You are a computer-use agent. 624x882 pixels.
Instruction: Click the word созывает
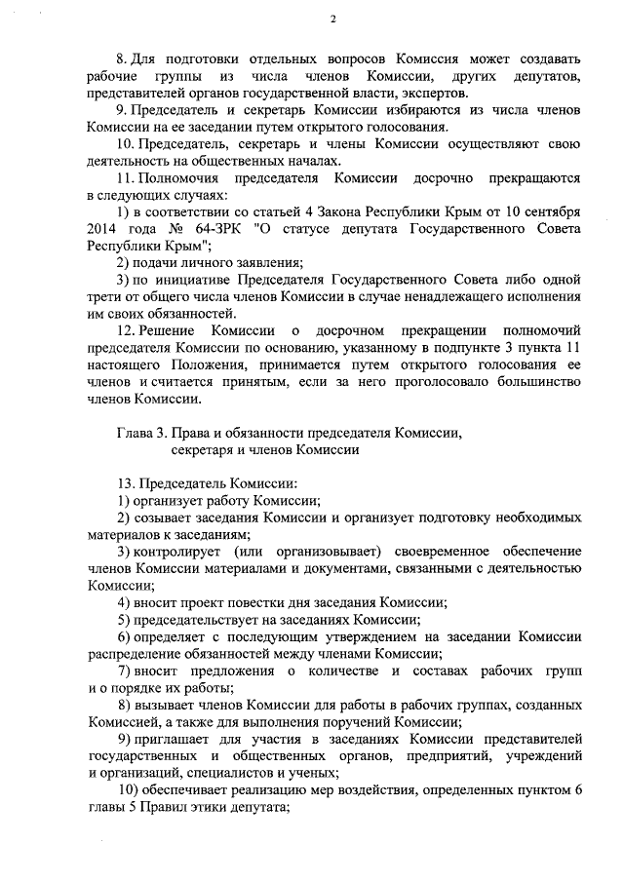(163, 518)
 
